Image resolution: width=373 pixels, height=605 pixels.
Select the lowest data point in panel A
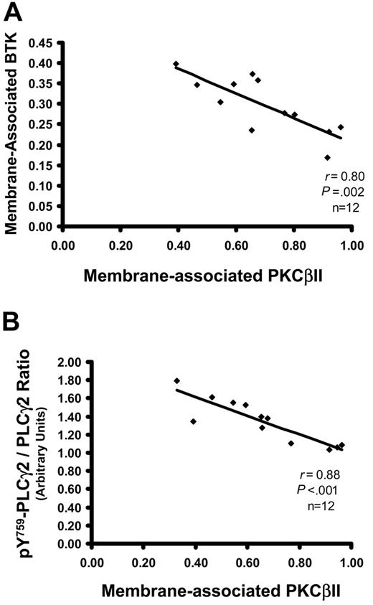pyautogui.click(x=327, y=158)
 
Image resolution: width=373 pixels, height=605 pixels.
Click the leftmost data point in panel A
pyautogui.click(x=176, y=64)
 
